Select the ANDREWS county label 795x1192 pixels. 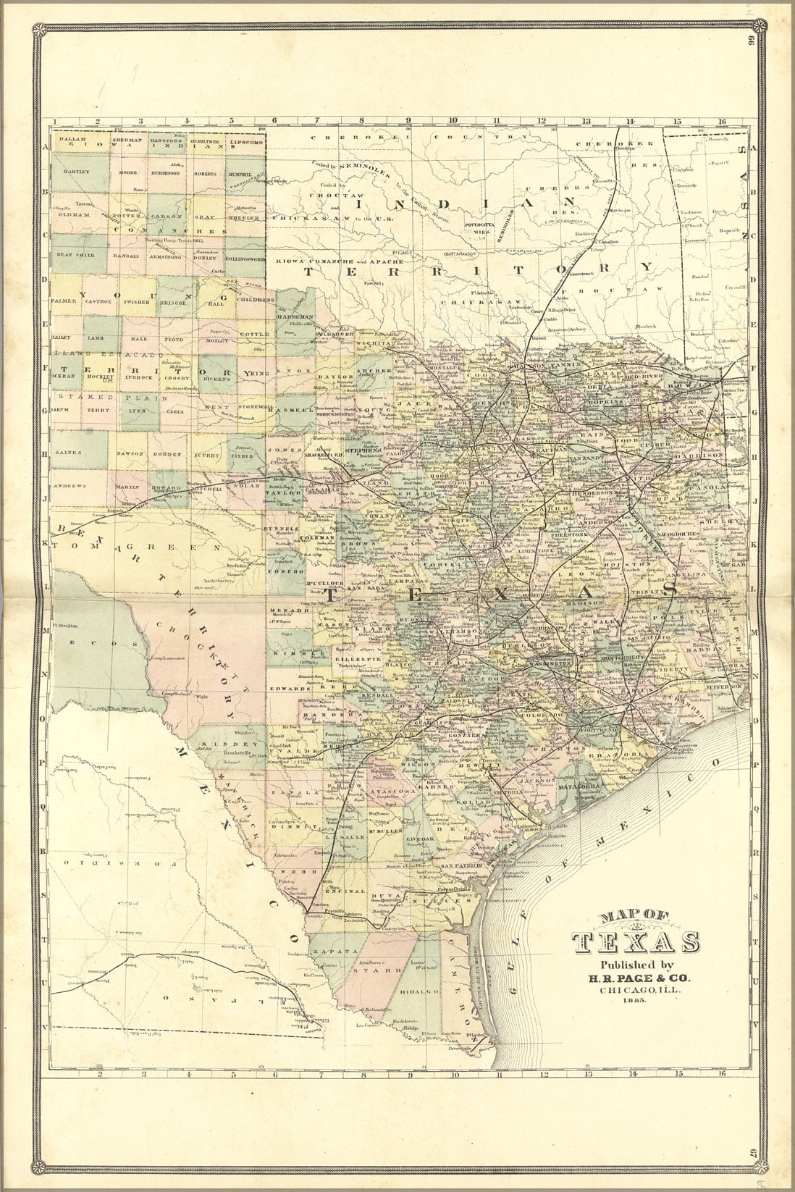[x=70, y=485]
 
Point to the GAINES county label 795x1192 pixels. [x=70, y=451]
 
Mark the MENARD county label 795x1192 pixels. [x=285, y=611]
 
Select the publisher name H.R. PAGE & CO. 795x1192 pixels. [x=635, y=978]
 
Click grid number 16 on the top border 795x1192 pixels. [x=721, y=121]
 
